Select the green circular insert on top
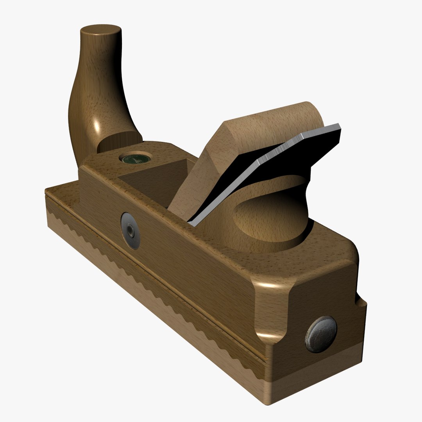coord(135,158)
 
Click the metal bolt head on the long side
coord(131,231)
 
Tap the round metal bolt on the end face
coord(321,334)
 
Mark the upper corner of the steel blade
coord(338,126)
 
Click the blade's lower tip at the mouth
coord(190,223)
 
